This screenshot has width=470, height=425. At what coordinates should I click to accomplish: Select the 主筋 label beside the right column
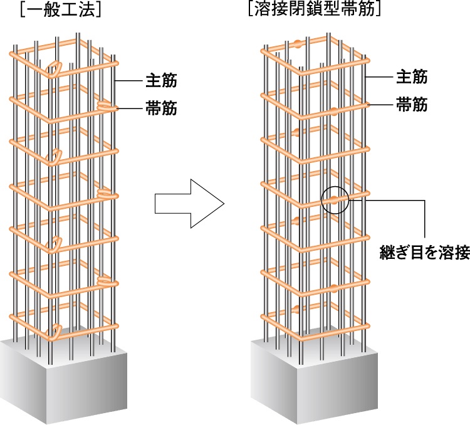click(412, 77)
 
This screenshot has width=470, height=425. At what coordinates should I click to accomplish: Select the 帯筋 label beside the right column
click(412, 105)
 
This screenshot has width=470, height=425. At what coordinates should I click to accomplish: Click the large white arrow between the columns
click(189, 202)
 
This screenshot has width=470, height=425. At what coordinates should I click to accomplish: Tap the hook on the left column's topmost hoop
click(56, 68)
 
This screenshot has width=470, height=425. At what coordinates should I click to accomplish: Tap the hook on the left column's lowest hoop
click(56, 330)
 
